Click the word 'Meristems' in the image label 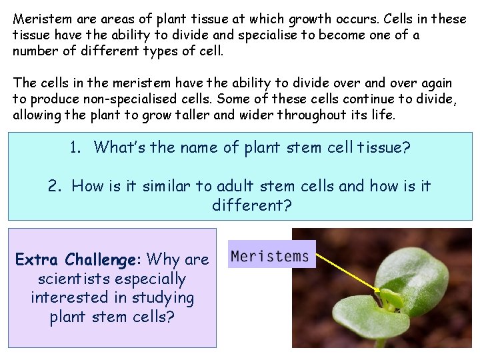[x=270, y=256]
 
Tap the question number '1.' [x=76, y=147]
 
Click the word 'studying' [x=163, y=298]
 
